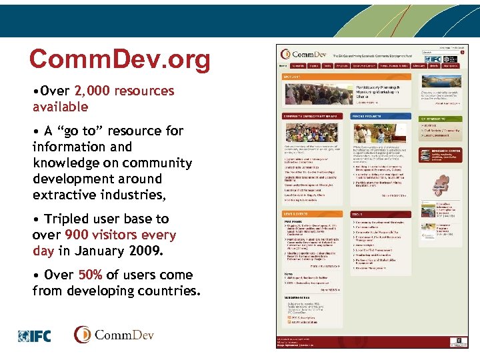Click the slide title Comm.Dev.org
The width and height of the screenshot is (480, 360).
click(x=119, y=60)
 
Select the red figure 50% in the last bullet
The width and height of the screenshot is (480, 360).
click(x=90, y=275)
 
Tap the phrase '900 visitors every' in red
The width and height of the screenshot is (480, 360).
click(x=120, y=235)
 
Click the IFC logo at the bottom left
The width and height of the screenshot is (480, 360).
click(x=34, y=336)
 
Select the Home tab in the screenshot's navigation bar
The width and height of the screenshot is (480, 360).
click(x=283, y=66)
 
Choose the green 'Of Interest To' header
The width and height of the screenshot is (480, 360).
click(x=440, y=118)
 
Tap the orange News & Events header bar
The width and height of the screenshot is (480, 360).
click(x=311, y=213)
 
